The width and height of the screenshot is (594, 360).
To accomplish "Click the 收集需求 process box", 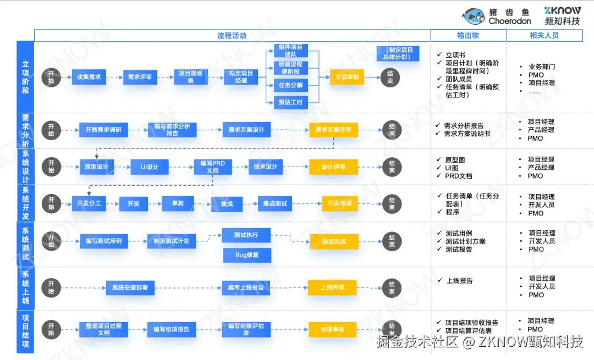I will tap(89, 77).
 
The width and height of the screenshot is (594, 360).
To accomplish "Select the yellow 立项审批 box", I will tap(347, 77).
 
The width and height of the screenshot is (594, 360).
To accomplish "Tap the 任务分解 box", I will tap(290, 85).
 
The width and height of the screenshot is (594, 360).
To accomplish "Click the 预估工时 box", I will tap(290, 102).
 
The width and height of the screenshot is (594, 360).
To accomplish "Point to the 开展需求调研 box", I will tap(103, 130).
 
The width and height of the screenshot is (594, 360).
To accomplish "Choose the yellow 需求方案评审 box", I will tap(333, 130).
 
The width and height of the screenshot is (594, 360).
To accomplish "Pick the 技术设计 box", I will tap(265, 167).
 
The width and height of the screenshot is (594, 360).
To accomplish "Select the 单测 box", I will tap(178, 203).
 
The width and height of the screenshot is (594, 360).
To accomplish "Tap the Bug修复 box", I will tap(246, 255).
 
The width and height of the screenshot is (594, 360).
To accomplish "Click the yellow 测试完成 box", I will tap(333, 241).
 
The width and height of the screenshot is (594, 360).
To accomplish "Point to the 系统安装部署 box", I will tap(130, 287).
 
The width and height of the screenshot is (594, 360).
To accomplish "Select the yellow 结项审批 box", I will tap(333, 329).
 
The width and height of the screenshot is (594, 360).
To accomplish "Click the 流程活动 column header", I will tap(232, 36).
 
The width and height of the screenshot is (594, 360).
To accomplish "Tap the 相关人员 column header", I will tap(544, 36).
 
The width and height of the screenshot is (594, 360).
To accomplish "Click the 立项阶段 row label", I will tap(25, 77).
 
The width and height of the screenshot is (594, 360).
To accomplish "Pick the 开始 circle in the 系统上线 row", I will tap(51, 287).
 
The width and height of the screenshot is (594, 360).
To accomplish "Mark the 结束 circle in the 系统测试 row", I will tap(392, 241).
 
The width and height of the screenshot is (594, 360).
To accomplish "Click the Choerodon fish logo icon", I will tap(474, 16).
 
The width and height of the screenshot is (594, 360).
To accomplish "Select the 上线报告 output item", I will tap(459, 281).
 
